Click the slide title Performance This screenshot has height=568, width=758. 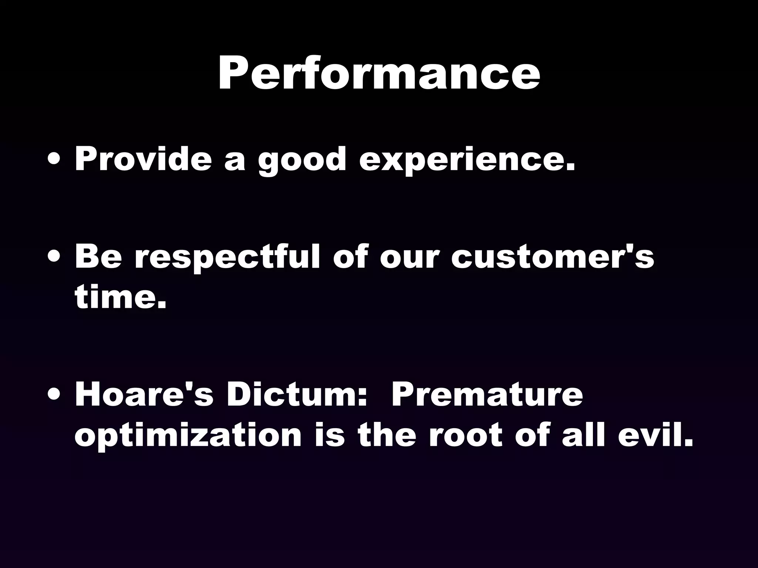click(379, 73)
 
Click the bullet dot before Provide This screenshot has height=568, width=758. click(55, 160)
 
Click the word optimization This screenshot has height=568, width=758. click(188, 435)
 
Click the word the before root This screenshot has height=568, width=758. click(386, 435)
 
